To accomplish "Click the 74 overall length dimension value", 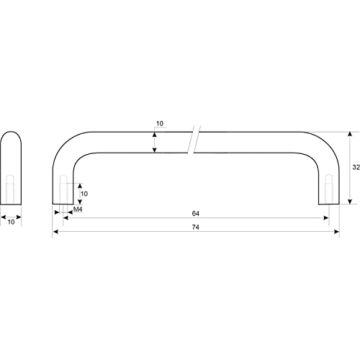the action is (196, 227).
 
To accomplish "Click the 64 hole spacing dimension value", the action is (196, 213).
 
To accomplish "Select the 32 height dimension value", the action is (356, 167).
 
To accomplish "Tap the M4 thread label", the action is (78, 210).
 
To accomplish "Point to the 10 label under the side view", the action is (11, 222).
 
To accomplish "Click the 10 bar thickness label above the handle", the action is (160, 124).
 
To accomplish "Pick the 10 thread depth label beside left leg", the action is (84, 194).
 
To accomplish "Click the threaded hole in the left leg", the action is (63, 189).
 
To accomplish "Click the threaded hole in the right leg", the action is (329, 189).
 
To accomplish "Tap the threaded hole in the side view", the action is (10, 189).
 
